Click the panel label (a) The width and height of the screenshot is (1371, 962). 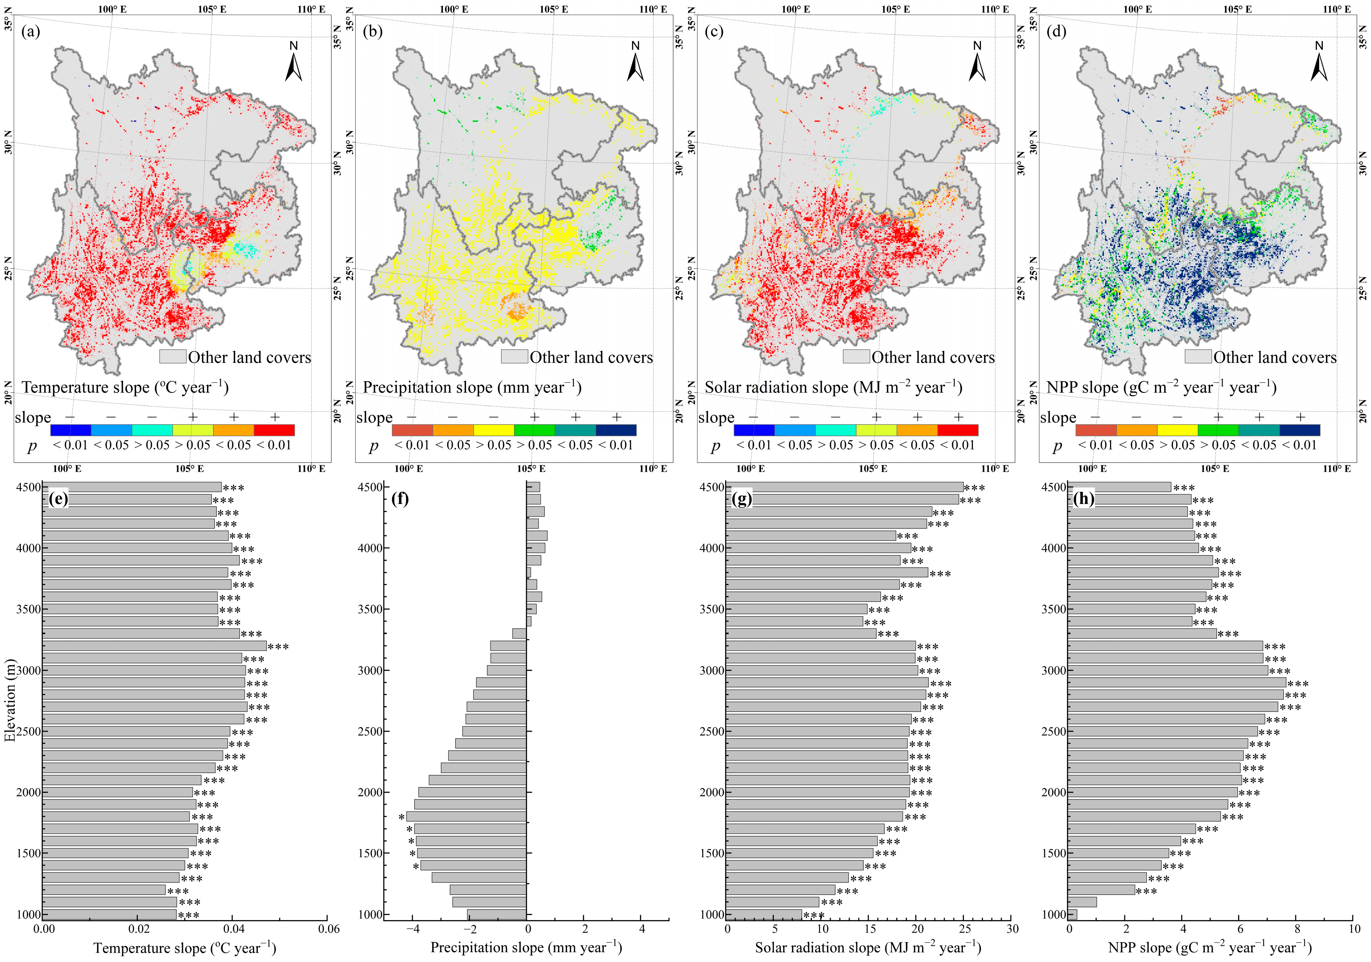[x=31, y=31]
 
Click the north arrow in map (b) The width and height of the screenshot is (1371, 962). [x=635, y=67]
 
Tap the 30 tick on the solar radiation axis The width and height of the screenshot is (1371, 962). [x=1012, y=929]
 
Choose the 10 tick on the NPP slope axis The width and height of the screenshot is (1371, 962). [x=1354, y=929]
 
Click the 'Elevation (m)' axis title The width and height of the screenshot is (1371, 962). [x=10, y=700]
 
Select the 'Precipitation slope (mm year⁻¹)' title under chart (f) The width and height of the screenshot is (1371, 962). [x=526, y=948]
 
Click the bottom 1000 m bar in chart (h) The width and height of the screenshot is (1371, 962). [x=1073, y=914]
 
